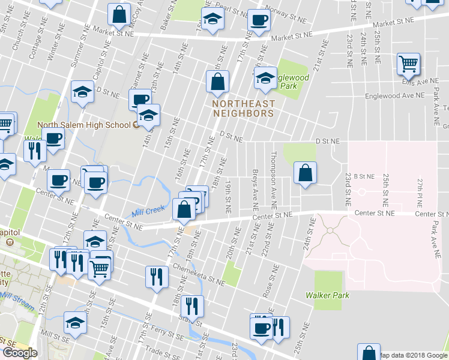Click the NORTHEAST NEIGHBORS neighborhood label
click(x=243, y=108)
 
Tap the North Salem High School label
click(x=83, y=125)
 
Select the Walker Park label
click(x=327, y=295)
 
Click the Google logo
click(x=20, y=353)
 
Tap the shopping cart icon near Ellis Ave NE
click(x=408, y=64)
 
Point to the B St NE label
click(x=364, y=176)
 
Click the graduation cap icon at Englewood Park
click(x=265, y=78)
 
